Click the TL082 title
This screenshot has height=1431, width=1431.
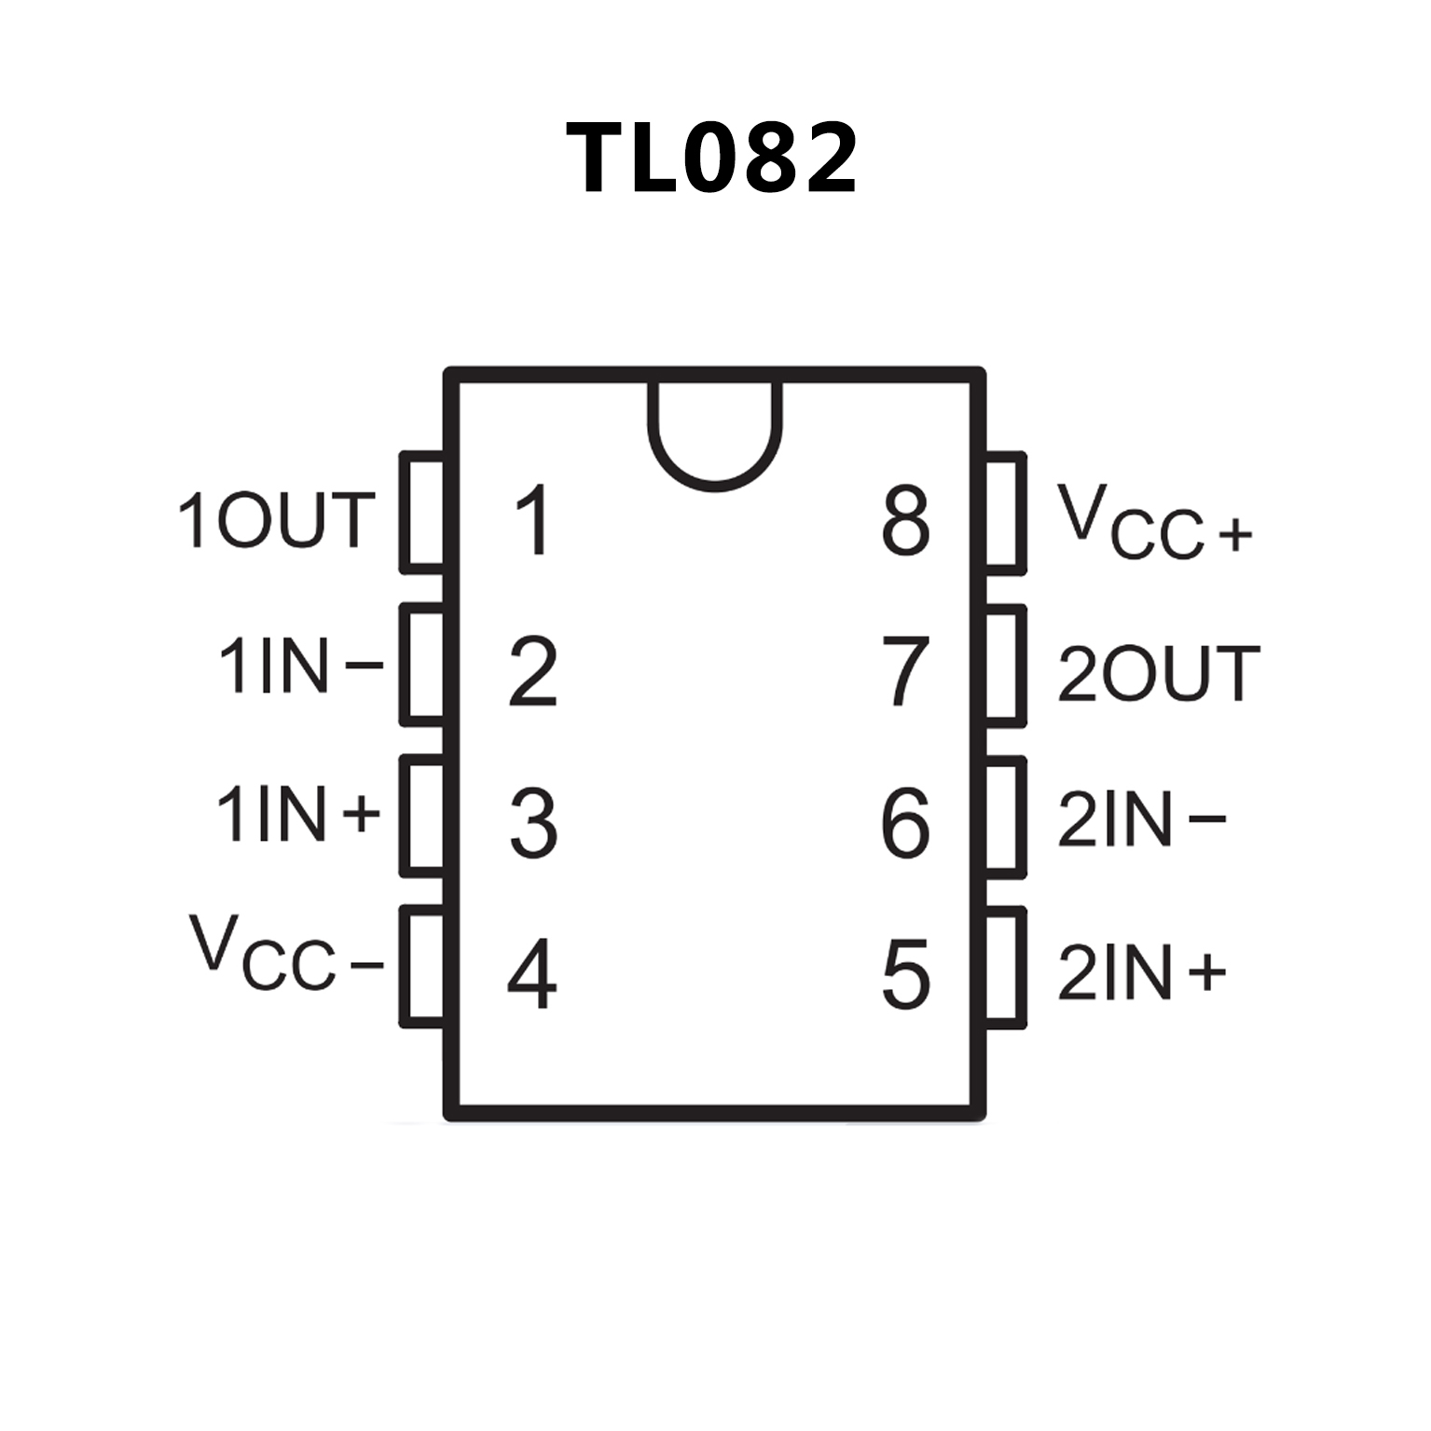[x=711, y=158]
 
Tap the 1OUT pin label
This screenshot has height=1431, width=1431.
[x=276, y=520]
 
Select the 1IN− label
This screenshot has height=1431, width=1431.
[x=299, y=666]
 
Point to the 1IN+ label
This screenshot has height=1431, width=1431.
[x=297, y=814]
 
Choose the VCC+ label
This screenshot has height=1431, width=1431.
[x=1153, y=523]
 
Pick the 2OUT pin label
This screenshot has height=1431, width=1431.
[x=1158, y=673]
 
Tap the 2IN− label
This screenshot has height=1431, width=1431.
[x=1141, y=820]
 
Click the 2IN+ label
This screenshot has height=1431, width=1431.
[x=1141, y=973]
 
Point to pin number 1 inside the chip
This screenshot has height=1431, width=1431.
[x=533, y=520]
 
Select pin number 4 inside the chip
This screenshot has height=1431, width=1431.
[x=532, y=975]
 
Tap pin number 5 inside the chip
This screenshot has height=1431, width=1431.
[x=905, y=975]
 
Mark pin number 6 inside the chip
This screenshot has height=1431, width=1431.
[x=905, y=823]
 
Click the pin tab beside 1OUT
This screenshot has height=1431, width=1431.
[x=422, y=513]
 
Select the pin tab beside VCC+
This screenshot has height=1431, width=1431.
[x=1005, y=513]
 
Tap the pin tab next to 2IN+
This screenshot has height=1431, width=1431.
[x=1005, y=968]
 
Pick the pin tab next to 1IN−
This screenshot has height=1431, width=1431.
[x=422, y=665]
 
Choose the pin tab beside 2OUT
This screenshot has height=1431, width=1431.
[x=1005, y=665]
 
